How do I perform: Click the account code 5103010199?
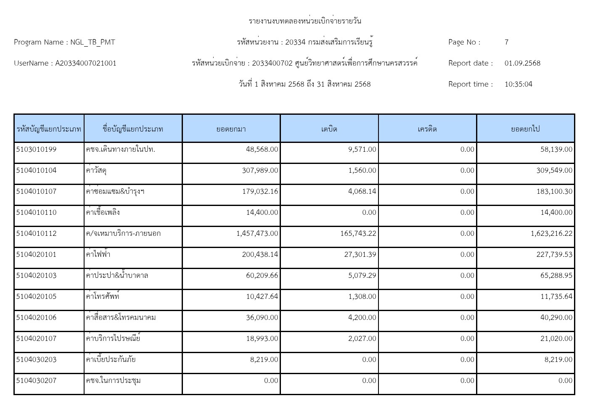36,149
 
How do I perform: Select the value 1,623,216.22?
551,233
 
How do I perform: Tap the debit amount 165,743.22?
358,233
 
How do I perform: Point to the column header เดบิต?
329,129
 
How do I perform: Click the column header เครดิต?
427,129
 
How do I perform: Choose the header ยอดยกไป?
525,129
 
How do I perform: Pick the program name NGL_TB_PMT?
93,42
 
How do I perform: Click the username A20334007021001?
86,63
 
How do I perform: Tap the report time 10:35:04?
518,84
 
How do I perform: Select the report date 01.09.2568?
522,63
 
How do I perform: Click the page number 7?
506,42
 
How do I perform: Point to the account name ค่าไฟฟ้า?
98,254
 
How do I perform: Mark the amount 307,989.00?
260,170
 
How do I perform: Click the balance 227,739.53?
554,254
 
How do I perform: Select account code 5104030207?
36,380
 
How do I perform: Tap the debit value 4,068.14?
362,191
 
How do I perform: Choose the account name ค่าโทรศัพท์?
103,296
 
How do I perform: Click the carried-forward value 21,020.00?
556,338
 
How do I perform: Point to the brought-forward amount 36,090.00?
262,317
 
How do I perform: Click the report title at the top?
304,21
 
